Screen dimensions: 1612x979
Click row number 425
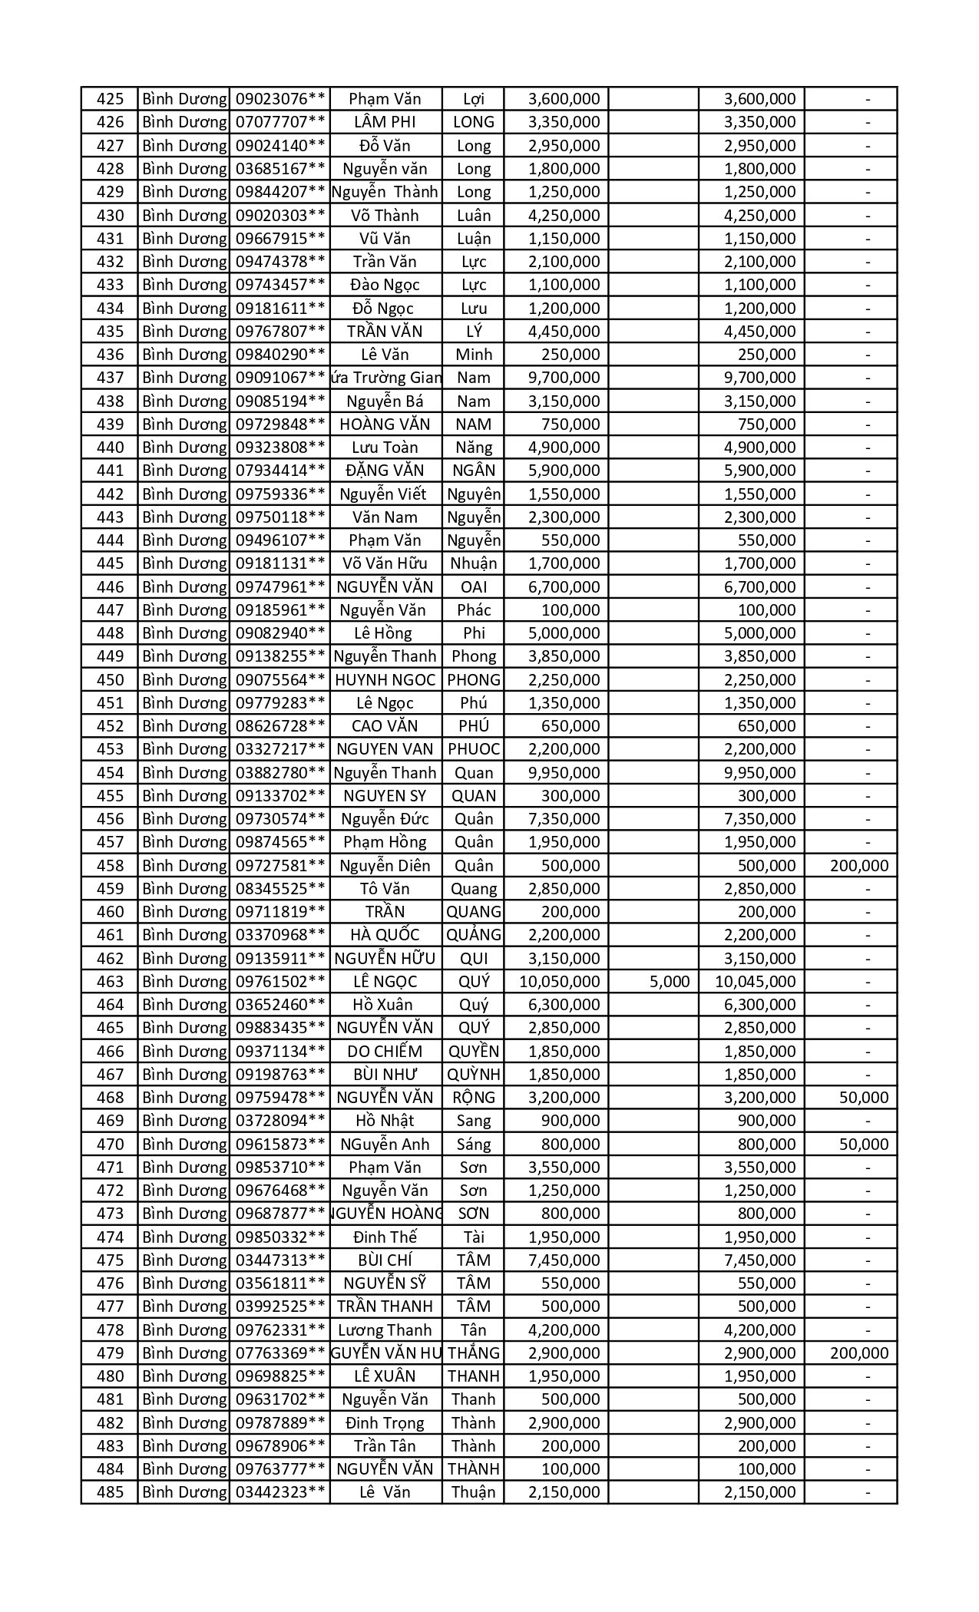tap(111, 99)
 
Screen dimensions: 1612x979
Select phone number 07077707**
tap(280, 122)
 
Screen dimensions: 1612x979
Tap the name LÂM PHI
tap(385, 122)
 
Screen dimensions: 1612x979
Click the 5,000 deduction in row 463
tap(670, 982)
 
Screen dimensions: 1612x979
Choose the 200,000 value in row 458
tap(859, 866)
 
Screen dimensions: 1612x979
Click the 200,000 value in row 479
tap(859, 1353)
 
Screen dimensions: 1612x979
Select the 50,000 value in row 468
tap(864, 1098)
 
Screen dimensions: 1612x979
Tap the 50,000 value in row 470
tap(864, 1145)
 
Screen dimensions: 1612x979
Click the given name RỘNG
tap(474, 1098)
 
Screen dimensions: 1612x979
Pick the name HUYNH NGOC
tap(385, 680)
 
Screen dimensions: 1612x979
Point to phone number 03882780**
tap(280, 773)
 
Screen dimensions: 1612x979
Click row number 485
tap(111, 1492)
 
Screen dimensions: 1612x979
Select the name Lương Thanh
tap(385, 1330)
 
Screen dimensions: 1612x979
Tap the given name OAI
tap(474, 587)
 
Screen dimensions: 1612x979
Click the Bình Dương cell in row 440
tap(184, 448)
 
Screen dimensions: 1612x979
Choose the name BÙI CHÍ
tap(385, 1260)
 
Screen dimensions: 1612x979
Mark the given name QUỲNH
tap(474, 1075)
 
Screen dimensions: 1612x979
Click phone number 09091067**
tap(280, 378)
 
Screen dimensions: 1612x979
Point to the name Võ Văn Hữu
tap(385, 563)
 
